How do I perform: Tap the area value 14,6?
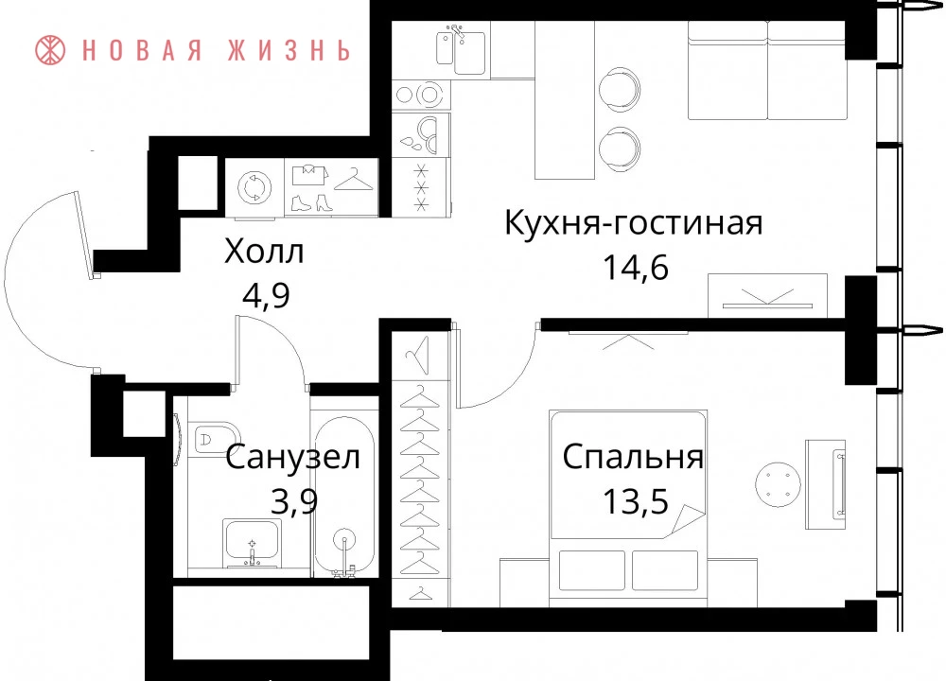point(636,267)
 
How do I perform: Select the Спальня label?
point(633,457)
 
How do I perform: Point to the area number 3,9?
point(294,500)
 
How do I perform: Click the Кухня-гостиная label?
point(634,222)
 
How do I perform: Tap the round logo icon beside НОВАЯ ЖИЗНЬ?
point(50,49)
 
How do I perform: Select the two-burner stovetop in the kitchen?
point(421,95)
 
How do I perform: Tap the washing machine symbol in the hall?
point(254,187)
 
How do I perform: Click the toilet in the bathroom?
point(215,437)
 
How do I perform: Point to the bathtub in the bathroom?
point(344,496)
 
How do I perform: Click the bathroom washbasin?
point(252,542)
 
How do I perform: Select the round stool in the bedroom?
point(779,484)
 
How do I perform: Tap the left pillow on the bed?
point(592,570)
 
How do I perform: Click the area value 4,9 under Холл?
point(266,295)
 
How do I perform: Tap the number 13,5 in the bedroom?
point(636,500)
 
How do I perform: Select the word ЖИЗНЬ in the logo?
point(289,50)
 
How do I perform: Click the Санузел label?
point(293,457)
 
